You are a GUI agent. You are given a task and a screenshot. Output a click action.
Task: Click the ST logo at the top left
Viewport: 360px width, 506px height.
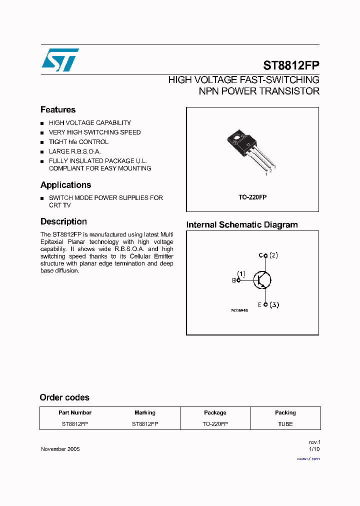coord(59,60)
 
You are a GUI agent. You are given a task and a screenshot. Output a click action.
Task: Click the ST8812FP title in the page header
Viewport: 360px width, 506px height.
coord(291,65)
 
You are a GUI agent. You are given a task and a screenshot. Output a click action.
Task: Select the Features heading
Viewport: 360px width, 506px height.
coord(58,110)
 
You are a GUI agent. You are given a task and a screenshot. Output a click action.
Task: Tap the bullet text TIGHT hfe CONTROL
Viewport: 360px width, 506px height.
coord(78,142)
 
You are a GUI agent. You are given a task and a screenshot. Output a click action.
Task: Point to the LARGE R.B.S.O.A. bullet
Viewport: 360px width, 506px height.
coord(74,151)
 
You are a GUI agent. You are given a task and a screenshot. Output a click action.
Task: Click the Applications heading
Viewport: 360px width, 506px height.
coord(65,185)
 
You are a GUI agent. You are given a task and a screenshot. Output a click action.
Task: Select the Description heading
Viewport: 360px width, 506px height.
coord(63,221)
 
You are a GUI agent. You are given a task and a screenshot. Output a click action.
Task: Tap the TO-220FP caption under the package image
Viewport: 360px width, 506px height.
coord(252,197)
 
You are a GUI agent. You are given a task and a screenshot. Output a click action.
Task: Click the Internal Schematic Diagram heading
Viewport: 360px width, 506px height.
coord(242,225)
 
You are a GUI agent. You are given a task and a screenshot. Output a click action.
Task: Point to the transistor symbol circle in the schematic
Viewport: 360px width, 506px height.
coord(262,280)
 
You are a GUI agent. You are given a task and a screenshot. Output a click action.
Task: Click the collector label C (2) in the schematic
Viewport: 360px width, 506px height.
coord(268,255)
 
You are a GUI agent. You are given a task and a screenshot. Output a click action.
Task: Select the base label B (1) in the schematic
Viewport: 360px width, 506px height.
coord(238,277)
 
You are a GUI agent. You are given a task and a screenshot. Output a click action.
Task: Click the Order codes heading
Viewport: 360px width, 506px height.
coord(64,397)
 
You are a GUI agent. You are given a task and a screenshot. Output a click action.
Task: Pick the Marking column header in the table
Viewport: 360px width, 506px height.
coord(145,413)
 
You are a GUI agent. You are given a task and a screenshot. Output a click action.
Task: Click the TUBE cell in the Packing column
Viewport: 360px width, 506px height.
coord(285,424)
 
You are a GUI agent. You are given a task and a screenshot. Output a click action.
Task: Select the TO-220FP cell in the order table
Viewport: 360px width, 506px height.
coord(215,424)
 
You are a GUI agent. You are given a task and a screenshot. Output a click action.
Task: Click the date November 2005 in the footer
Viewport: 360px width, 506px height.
coord(60,449)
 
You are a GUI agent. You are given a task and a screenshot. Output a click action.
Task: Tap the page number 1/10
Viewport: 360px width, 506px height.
coord(314,449)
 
